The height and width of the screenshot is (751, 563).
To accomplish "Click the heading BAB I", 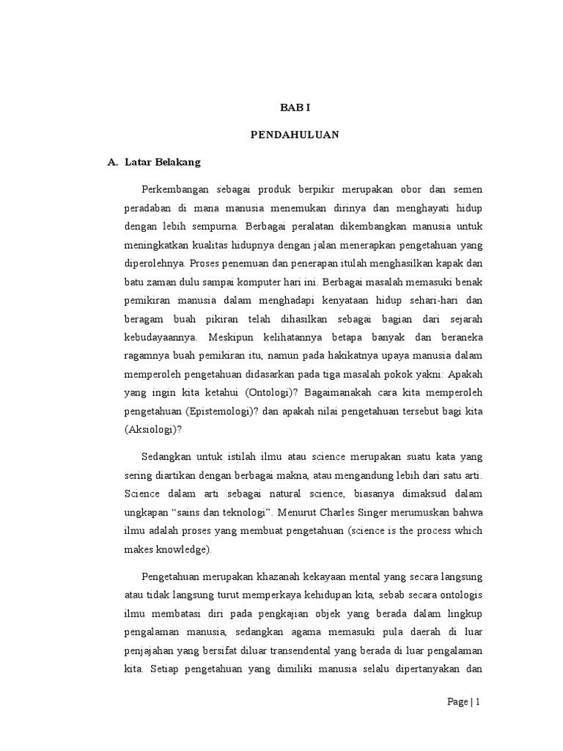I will [295, 107].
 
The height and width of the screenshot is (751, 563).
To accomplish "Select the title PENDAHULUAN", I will [295, 135].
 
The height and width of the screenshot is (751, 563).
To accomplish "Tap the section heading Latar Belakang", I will [158, 162].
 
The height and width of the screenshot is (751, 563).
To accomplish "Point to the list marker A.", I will [113, 162].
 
